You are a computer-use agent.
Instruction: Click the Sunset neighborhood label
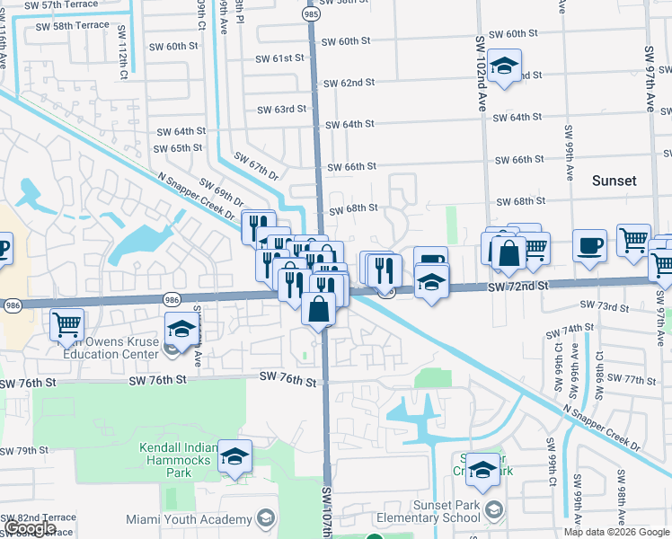(615, 181)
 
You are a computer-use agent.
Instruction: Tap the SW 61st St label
(280, 58)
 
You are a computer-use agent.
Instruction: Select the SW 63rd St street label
(281, 110)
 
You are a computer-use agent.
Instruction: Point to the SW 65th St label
(178, 148)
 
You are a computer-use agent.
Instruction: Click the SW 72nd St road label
(517, 286)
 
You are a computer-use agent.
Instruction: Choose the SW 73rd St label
(604, 306)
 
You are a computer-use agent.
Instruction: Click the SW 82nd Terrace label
(39, 518)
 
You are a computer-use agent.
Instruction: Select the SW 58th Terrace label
(80, 26)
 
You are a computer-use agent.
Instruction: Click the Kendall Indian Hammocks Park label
(179, 460)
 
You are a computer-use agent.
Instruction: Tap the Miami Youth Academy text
(201, 519)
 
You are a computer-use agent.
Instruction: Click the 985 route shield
(311, 15)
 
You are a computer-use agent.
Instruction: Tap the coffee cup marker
(589, 245)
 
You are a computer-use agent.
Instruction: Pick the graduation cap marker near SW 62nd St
(505, 66)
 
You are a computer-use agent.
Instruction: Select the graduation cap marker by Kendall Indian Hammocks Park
(235, 455)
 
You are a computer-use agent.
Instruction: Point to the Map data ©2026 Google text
(616, 532)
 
